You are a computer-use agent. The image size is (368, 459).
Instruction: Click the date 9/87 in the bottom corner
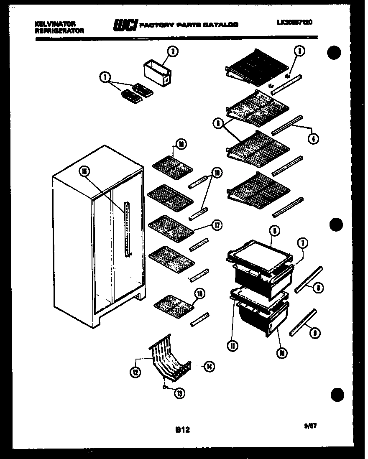[x=310, y=427]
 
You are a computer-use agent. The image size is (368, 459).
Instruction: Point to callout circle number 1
[x=105, y=77]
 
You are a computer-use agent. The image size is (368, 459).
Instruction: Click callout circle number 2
[x=172, y=51]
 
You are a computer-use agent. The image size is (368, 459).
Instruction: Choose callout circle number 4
[x=313, y=138]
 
